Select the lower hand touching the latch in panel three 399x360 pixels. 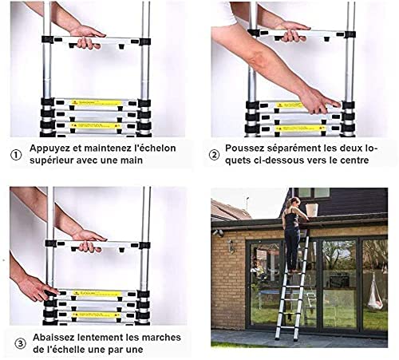tap(36, 287)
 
